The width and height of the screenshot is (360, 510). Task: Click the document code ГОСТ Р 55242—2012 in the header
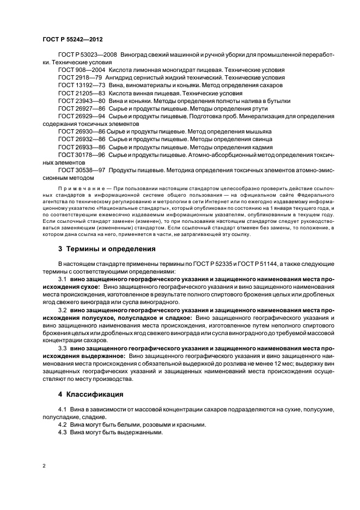click(72, 40)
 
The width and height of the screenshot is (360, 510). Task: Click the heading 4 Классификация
click(91, 394)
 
